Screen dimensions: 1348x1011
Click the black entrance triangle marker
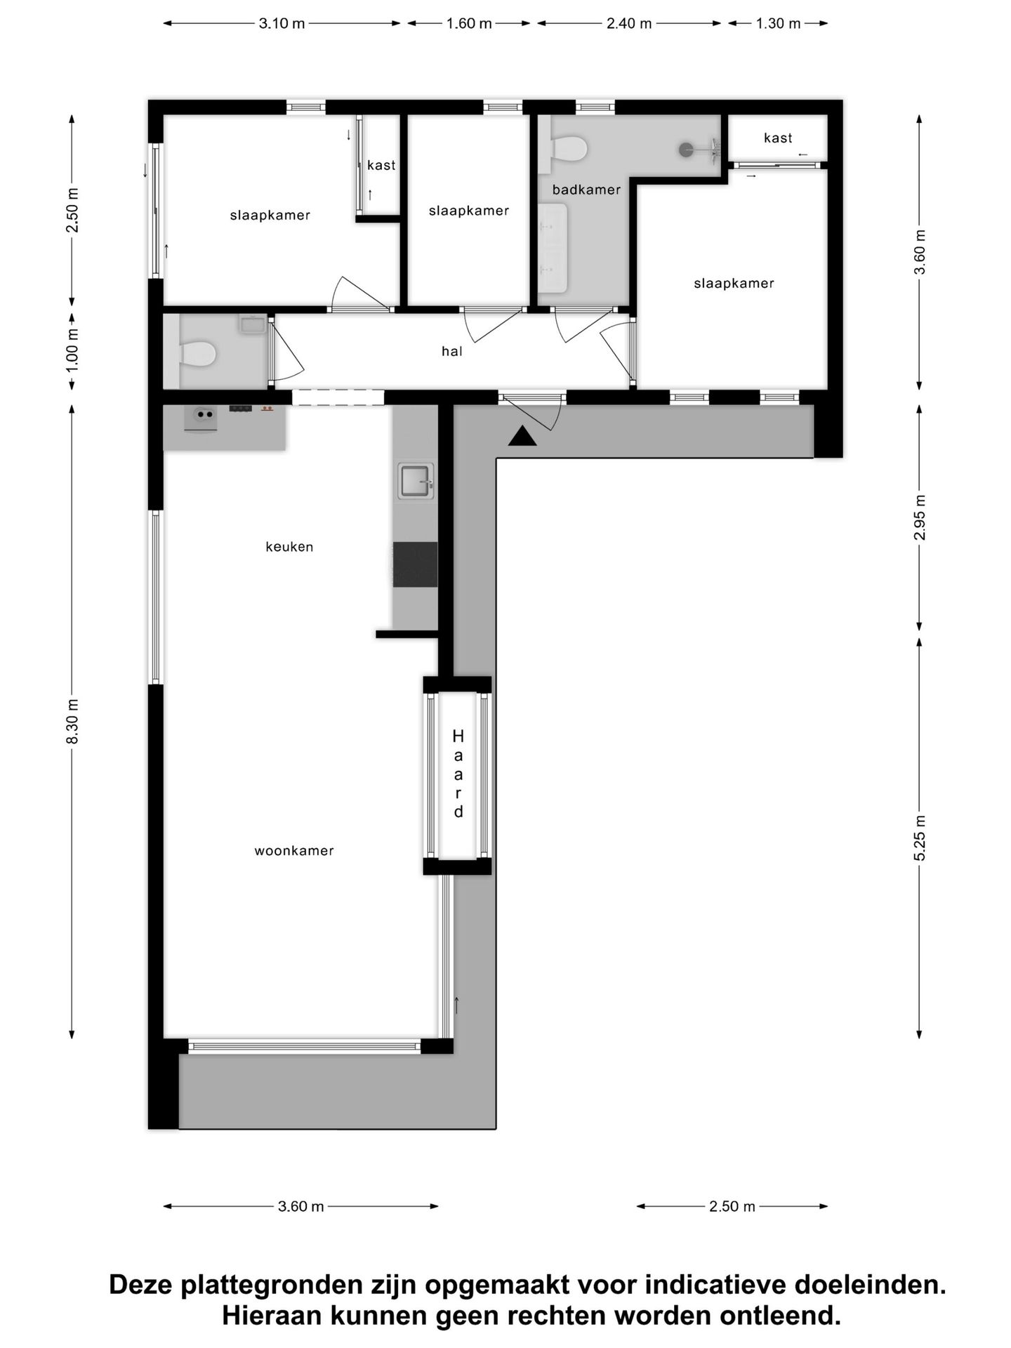(522, 437)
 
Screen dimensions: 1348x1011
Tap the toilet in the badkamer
(569, 148)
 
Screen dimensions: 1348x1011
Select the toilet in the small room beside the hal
(197, 353)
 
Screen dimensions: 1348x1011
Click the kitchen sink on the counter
(415, 481)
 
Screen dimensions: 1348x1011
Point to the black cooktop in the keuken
(415, 564)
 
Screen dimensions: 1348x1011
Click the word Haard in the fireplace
(458, 774)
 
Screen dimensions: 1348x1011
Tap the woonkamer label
(293, 851)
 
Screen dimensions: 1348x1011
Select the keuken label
(289, 547)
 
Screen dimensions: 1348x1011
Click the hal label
(452, 351)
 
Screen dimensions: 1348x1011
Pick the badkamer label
(586, 190)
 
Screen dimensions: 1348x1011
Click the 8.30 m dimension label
(72, 722)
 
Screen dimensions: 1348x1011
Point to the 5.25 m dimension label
(920, 838)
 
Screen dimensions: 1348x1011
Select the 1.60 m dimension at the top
(469, 23)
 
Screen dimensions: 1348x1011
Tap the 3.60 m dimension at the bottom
(300, 1206)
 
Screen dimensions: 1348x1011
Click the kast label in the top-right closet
(778, 138)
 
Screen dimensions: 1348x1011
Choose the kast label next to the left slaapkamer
(381, 165)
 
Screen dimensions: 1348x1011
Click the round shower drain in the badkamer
(686, 149)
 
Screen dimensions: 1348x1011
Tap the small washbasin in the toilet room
(251, 324)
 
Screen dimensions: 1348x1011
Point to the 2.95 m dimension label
(920, 517)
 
